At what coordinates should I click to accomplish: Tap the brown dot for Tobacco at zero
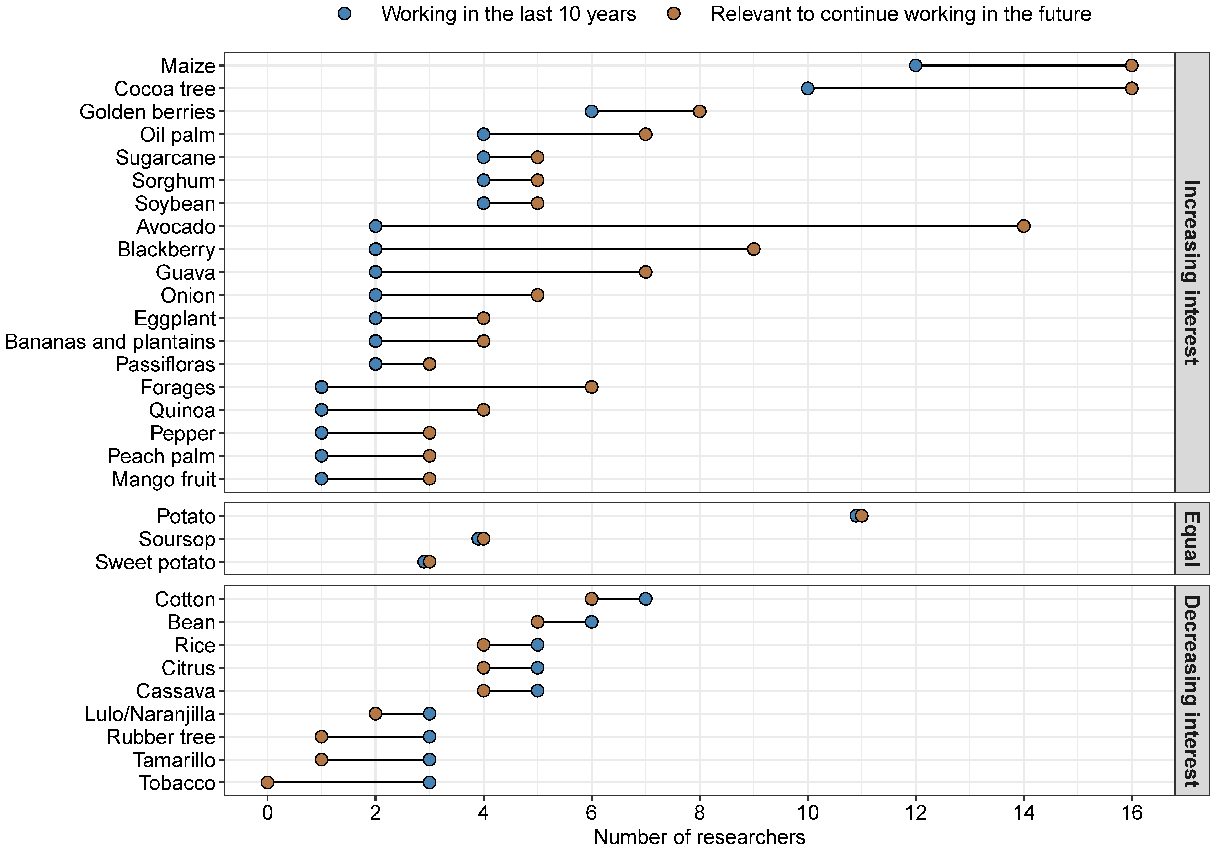(267, 783)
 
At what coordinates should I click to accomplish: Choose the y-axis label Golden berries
(148, 112)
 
